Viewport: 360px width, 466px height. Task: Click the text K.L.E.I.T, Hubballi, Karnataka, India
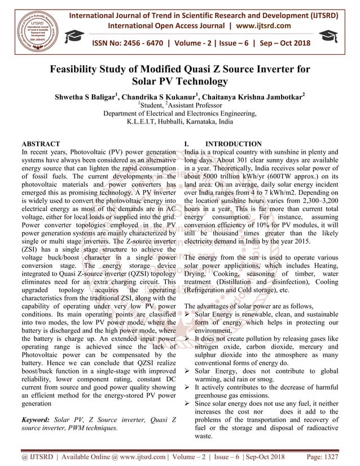[179, 122]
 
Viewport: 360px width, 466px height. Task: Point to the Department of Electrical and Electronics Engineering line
[179, 113]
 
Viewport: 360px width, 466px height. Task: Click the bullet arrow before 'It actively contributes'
[188, 389]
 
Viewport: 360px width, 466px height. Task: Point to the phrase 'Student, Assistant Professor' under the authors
[180, 105]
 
